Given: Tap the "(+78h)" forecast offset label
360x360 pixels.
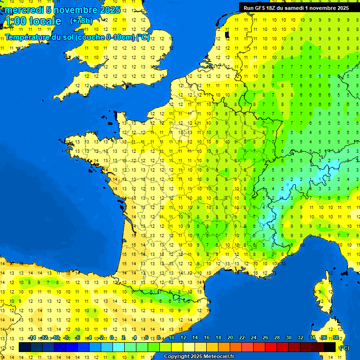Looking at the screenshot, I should click(82, 21).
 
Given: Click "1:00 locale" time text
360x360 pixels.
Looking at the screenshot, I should click(33, 21).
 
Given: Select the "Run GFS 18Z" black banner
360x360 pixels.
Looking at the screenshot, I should click(296, 7).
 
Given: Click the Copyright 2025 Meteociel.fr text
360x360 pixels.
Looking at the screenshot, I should click(199, 357).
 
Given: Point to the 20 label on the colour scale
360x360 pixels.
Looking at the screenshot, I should click(230, 337).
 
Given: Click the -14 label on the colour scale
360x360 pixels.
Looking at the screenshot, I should click(32, 337).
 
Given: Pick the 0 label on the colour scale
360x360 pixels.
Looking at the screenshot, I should click(112, 337).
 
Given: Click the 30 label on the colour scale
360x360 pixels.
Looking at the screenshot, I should click(288, 337).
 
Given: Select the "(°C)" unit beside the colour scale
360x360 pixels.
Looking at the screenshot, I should click(344, 348).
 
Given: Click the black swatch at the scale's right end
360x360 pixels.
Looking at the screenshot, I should click(330, 347).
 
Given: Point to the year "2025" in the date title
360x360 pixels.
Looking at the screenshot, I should click(110, 10).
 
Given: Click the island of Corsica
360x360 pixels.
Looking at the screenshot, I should click(322, 295).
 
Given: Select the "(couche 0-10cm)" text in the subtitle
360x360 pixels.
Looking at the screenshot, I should click(105, 37).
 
